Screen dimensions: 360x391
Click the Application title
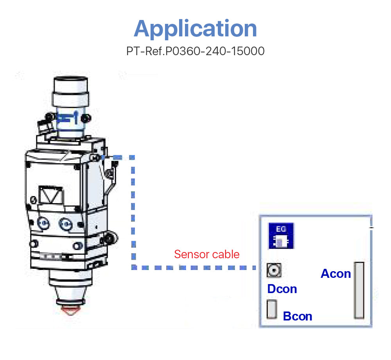(195, 28)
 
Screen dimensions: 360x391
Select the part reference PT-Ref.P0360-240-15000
(195, 51)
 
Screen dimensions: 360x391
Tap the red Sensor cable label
(206, 254)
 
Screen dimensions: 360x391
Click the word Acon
(335, 274)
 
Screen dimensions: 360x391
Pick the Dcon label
(282, 289)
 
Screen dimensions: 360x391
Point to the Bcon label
(298, 316)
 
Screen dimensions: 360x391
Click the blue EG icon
(281, 236)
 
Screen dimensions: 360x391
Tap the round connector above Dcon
(274, 270)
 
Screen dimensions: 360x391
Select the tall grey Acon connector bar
(359, 290)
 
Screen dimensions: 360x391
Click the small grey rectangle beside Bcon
(272, 309)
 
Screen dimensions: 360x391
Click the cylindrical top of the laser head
(70, 94)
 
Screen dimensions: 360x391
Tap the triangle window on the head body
(50, 194)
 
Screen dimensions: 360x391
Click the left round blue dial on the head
(43, 223)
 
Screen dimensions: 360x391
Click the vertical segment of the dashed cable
(133, 211)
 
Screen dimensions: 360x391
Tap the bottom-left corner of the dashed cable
(133, 268)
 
